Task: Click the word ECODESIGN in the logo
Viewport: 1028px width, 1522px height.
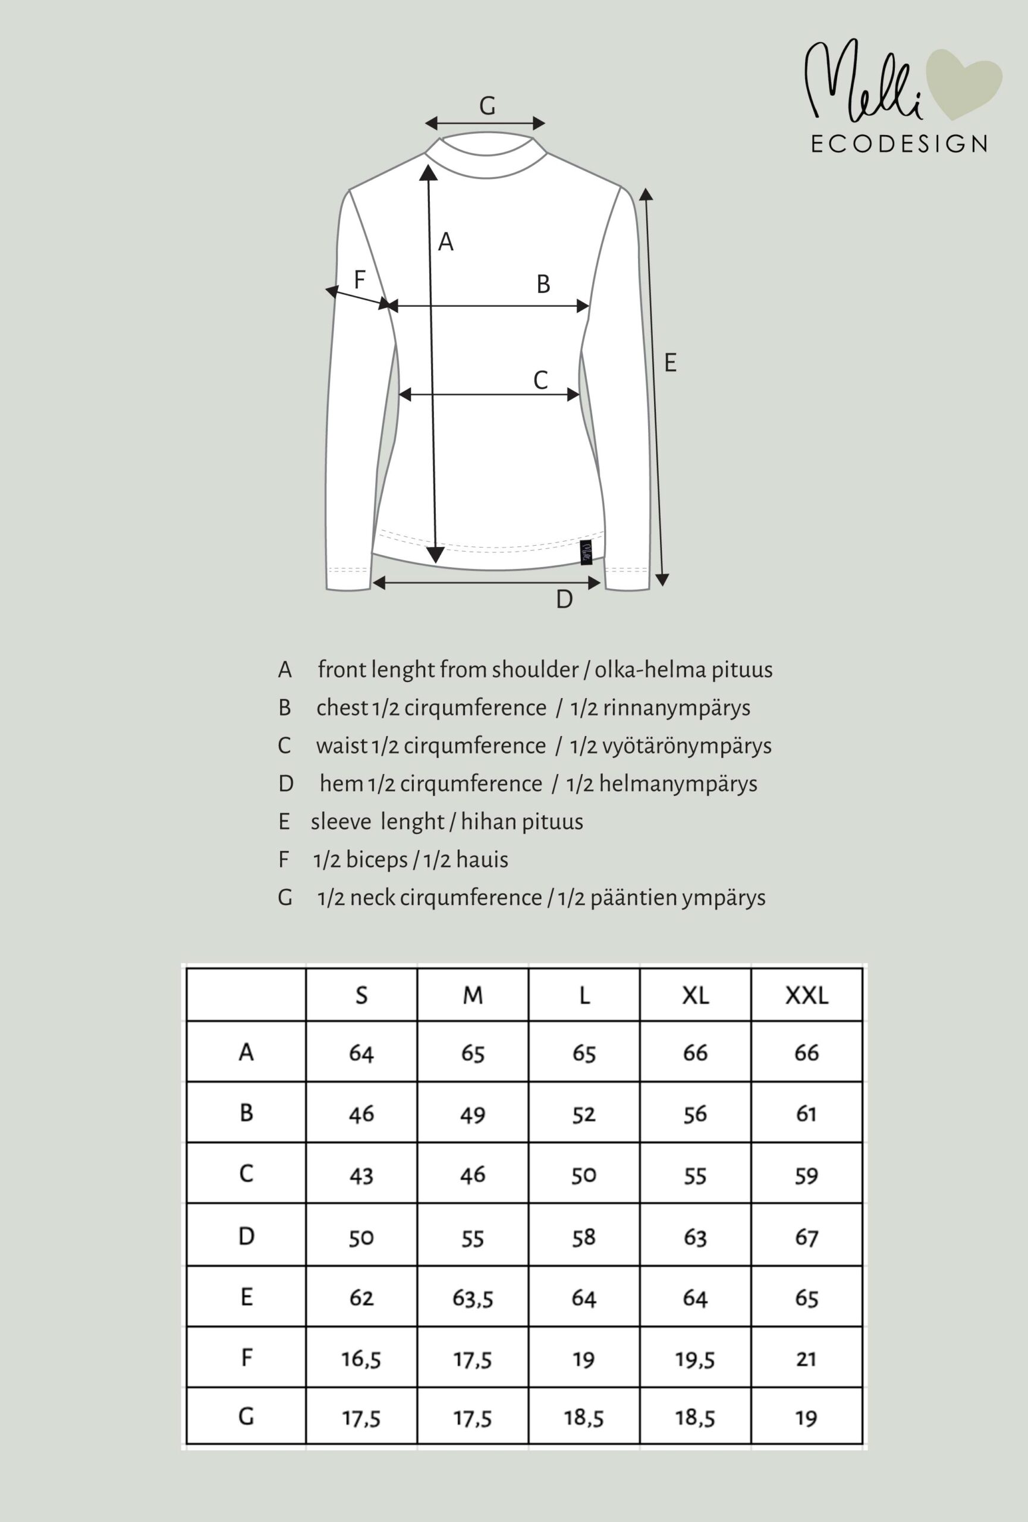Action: tap(899, 144)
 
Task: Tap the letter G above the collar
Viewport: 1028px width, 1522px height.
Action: tap(487, 105)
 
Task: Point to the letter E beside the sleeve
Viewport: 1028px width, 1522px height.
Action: tap(670, 363)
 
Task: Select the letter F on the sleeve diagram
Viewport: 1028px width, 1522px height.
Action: tap(360, 279)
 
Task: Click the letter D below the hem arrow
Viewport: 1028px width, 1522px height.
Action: tap(564, 599)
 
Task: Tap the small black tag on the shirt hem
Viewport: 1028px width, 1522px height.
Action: tap(586, 553)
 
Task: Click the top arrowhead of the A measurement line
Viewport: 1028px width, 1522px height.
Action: tap(428, 172)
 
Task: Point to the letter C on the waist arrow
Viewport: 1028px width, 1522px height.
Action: tap(540, 380)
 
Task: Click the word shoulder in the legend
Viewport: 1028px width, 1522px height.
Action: tap(535, 670)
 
